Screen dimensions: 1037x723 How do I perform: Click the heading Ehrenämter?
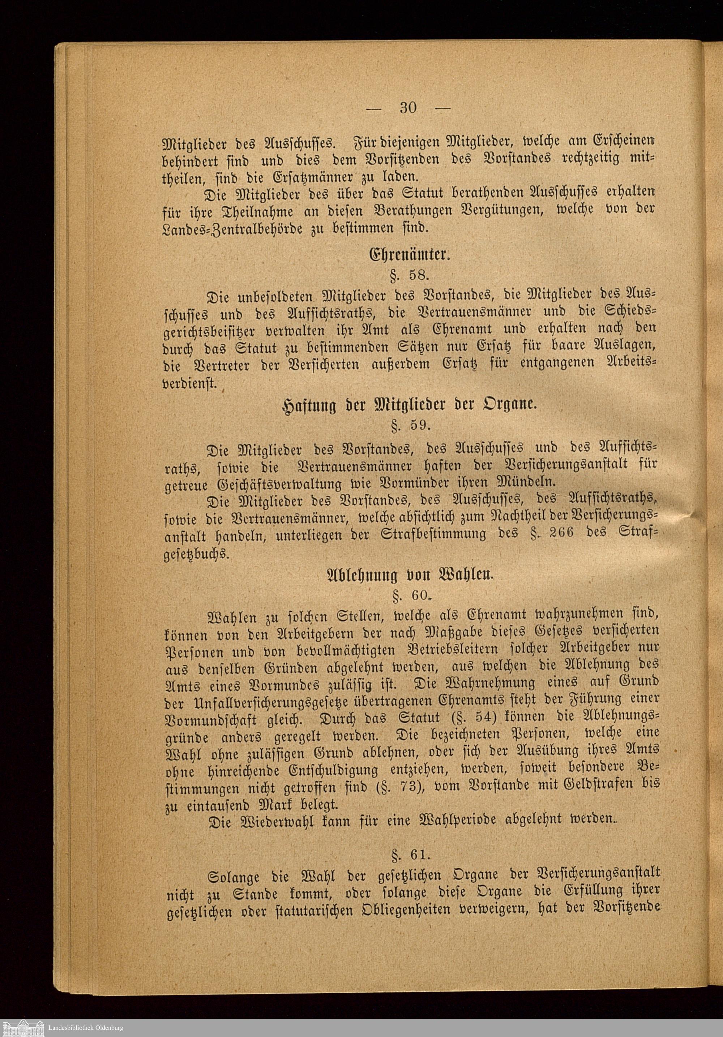(x=409, y=255)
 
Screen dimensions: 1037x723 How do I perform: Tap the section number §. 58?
(x=408, y=275)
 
